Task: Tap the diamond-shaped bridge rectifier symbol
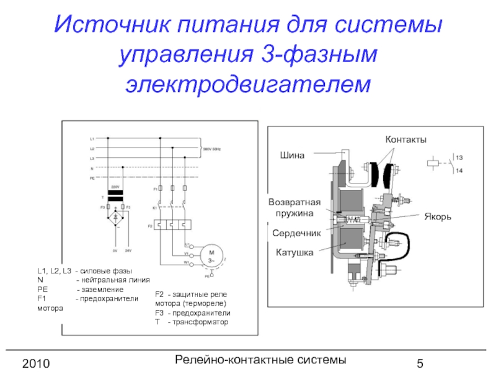tap(115, 219)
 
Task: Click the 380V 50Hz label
tap(211, 149)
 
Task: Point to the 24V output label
tap(128, 250)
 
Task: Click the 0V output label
tap(115, 250)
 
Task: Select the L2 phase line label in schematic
tap(92, 149)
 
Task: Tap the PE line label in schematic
tap(92, 178)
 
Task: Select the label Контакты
tap(407, 140)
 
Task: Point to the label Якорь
tap(437, 217)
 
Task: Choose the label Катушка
tap(294, 253)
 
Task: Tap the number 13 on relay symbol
tap(460, 157)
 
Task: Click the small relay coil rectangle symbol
tap(433, 164)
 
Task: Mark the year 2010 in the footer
tap(35, 362)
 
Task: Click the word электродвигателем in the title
tap(247, 82)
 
